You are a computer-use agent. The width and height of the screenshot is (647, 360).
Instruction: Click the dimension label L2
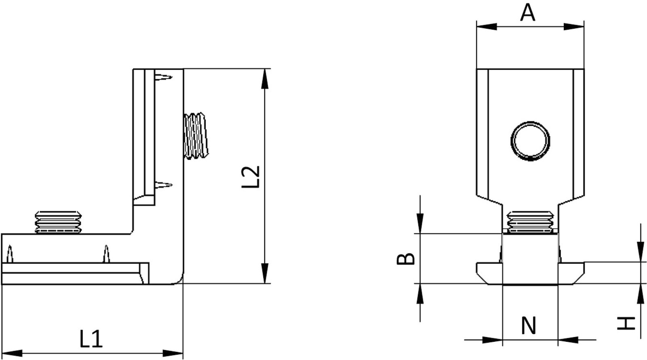(251, 177)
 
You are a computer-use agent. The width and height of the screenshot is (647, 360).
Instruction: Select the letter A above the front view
(528, 13)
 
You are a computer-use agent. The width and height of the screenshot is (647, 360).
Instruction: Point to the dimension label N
(529, 326)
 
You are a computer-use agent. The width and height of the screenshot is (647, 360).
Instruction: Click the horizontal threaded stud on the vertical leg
(196, 136)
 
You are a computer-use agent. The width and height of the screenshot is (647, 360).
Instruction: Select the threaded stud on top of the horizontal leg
(58, 222)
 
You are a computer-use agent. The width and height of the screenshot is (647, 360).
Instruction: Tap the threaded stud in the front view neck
(530, 222)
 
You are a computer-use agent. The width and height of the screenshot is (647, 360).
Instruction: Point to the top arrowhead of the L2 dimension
(264, 79)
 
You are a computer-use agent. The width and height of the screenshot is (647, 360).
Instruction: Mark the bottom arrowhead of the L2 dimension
(264, 273)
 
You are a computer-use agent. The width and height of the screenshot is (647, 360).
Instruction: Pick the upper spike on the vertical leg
(164, 76)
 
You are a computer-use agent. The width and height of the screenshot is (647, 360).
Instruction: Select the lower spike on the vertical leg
(164, 186)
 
